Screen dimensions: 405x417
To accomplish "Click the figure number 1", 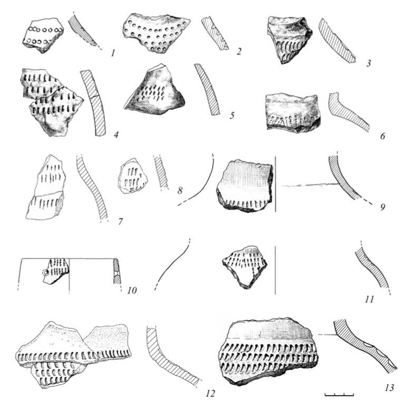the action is (113, 53).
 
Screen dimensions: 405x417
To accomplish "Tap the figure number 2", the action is (239, 51).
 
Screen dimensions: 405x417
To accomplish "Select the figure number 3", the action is (368, 63).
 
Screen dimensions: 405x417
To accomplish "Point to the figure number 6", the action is (382, 136).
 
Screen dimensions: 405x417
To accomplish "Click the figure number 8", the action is (180, 191).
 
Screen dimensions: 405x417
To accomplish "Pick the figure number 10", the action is (132, 290).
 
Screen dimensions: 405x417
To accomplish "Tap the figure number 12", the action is (210, 393).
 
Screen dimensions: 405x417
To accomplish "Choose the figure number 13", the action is (389, 388).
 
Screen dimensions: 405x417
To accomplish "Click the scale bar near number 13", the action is (339, 394).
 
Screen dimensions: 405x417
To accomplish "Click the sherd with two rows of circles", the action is (43, 35).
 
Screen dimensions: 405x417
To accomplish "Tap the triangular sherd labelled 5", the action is (155, 90).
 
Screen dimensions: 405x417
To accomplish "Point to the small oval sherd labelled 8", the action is (132, 176).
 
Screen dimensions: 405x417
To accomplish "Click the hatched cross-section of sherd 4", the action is (93, 103).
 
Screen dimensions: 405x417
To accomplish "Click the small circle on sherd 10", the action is (45, 272).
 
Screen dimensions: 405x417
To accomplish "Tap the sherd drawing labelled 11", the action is (245, 267).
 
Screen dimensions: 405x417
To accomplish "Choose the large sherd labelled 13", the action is (268, 352).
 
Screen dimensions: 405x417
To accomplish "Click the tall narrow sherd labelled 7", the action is (46, 188).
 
